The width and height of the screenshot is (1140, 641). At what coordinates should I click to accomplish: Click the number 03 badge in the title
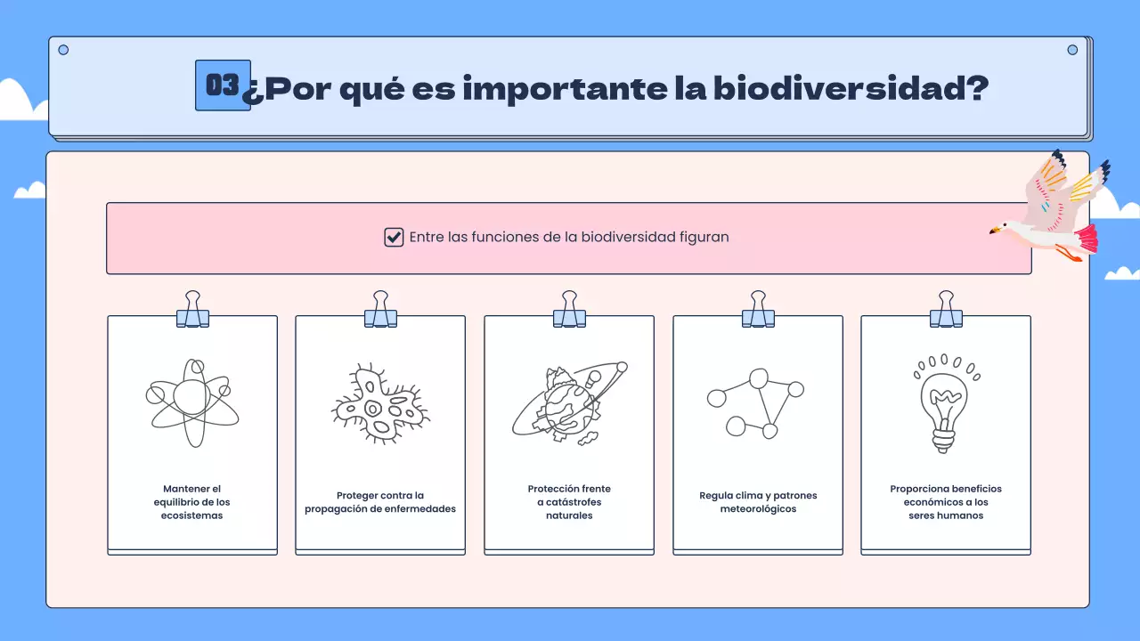(223, 85)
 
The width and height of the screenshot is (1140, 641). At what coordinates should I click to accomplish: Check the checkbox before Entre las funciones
(394, 238)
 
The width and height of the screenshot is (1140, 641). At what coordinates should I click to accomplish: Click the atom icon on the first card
(191, 402)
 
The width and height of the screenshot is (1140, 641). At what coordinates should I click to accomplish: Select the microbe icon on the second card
(380, 403)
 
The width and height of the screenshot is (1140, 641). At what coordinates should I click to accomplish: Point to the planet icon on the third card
(569, 402)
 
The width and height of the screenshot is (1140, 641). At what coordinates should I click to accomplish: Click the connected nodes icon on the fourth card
(756, 402)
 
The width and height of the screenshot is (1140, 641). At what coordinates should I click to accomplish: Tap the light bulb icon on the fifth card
(946, 404)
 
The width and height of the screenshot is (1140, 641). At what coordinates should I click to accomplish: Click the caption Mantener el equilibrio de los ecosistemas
(191, 502)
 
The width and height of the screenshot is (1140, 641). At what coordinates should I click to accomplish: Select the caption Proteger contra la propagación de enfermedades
(380, 502)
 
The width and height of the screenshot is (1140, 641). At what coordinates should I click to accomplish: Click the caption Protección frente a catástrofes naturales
(569, 502)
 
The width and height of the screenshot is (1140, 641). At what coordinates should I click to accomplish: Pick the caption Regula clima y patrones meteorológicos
(758, 502)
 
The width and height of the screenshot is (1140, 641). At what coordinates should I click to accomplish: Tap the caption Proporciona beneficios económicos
(946, 502)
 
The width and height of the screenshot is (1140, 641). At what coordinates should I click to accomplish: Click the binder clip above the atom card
(192, 310)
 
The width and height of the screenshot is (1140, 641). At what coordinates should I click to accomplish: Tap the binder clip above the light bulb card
(946, 310)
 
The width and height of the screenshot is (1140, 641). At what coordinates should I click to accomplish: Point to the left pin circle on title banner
(63, 50)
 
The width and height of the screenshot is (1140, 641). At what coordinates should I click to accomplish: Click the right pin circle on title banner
(1072, 50)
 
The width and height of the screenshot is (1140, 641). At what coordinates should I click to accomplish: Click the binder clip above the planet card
(569, 310)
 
